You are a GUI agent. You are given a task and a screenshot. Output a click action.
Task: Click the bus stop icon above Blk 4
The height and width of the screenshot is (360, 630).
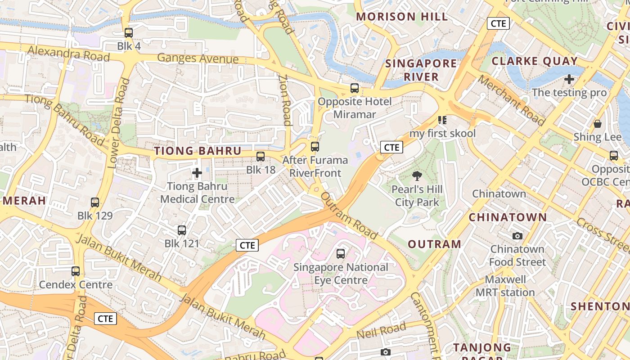pos(129,32)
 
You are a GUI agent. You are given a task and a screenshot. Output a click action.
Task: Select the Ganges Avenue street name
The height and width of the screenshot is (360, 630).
pos(198,58)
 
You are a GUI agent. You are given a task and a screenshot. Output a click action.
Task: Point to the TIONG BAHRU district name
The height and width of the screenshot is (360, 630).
pos(198,151)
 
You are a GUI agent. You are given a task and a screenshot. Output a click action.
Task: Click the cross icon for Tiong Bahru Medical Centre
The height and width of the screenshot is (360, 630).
pos(197,172)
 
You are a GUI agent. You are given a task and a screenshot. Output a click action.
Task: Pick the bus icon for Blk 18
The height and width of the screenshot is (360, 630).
pos(261,157)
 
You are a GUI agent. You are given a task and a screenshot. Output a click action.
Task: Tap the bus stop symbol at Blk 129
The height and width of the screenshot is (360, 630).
pos(95,202)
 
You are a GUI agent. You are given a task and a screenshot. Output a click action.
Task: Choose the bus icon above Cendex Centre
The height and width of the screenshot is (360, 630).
pos(76,271)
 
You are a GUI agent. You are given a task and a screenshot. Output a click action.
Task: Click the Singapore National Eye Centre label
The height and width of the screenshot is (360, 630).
pos(341,274)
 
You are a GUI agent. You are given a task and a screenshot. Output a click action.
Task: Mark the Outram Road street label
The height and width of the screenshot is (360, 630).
pos(349,216)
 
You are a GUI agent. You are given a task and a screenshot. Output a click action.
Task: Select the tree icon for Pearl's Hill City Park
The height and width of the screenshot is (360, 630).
pos(417,176)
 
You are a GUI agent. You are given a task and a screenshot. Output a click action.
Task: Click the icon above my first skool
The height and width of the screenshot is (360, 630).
pos(442,120)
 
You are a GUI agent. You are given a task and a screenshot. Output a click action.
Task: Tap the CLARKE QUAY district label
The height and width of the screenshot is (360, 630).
pos(535,61)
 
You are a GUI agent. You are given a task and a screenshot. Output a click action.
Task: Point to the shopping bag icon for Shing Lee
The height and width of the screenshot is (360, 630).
pos(598,124)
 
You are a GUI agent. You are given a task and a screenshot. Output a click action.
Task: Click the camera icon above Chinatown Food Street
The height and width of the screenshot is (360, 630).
pos(517,236)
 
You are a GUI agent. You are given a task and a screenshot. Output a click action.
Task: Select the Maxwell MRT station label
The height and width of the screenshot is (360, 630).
pos(505,286)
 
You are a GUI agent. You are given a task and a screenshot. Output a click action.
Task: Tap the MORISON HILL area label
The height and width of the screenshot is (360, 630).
pos(402,17)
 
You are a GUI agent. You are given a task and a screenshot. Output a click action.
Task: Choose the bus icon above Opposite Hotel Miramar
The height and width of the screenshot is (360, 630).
pos(355,88)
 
